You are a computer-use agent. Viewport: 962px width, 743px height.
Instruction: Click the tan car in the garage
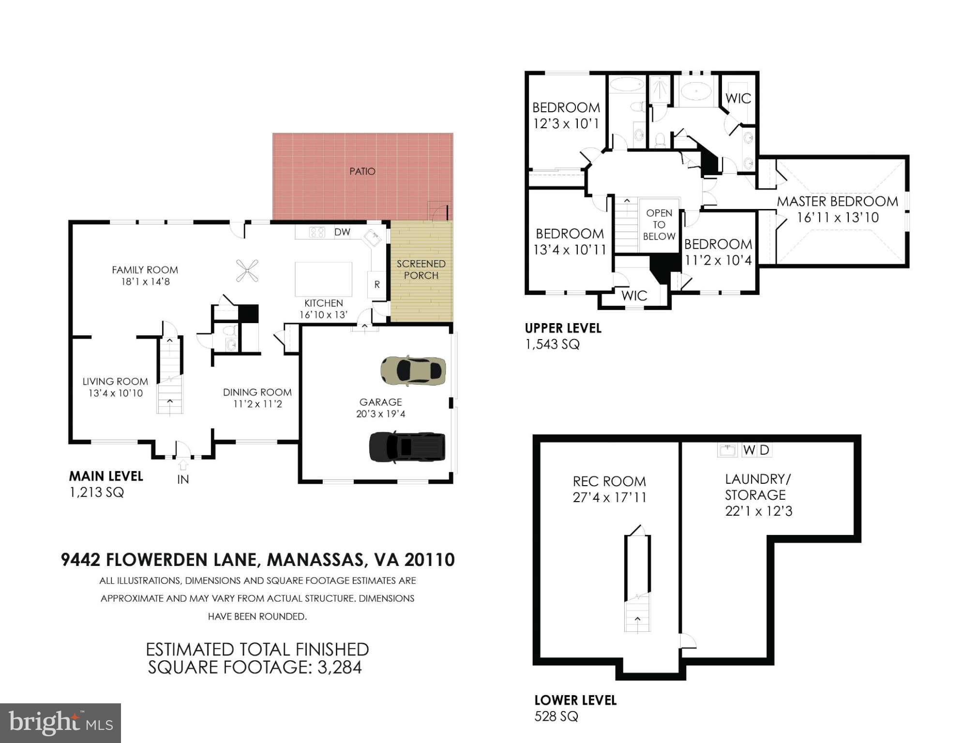(x=413, y=371)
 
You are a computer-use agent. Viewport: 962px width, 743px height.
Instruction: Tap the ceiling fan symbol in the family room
(x=247, y=270)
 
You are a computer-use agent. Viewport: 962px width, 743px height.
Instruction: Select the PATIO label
(x=362, y=171)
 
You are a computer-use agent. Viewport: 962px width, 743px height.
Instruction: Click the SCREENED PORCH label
(x=421, y=269)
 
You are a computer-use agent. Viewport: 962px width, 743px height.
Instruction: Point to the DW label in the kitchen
(x=342, y=232)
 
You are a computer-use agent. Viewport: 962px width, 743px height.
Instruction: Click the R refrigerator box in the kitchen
(x=377, y=285)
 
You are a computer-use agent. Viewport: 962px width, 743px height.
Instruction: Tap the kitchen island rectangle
(x=323, y=279)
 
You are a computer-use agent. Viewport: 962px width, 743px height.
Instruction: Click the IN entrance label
(x=183, y=479)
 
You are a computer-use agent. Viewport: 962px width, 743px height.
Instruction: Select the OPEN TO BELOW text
(x=659, y=225)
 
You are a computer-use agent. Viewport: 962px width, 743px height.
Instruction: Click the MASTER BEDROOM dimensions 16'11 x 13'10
(x=838, y=218)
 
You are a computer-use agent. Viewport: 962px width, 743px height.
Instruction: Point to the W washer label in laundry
(x=749, y=450)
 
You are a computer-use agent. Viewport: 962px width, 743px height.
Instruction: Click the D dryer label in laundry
(x=765, y=450)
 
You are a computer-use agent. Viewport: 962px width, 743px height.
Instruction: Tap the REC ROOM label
(x=609, y=481)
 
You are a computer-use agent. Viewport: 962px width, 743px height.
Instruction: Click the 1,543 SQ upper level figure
(x=552, y=344)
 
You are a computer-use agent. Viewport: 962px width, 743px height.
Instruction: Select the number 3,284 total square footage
(x=339, y=668)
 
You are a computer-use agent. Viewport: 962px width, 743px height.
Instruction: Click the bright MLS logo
(x=60, y=723)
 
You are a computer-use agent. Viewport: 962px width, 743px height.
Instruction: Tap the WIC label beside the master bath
(x=738, y=99)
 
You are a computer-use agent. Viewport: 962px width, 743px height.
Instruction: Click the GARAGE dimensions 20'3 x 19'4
(x=380, y=414)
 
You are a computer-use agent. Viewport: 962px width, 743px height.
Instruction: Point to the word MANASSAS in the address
(x=315, y=560)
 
